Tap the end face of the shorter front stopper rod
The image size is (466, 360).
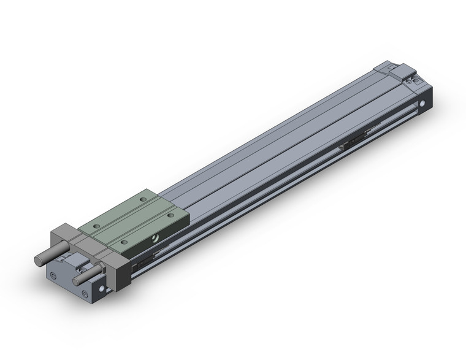point(77,281)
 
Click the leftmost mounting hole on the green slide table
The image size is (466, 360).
point(95,225)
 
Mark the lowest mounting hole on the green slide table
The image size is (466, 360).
point(124,242)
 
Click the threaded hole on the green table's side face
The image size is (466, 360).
point(158,237)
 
